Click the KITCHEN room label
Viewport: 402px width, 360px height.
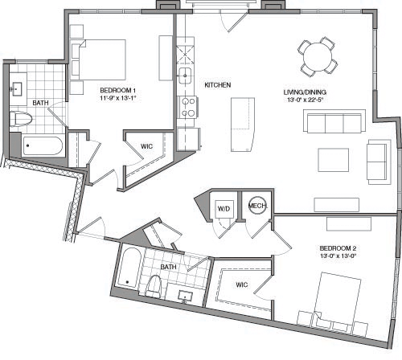[x=218, y=84]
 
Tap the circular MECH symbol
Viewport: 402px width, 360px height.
[x=256, y=206]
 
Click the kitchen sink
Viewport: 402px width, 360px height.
[x=186, y=76]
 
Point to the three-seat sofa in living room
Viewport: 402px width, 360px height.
[x=331, y=123]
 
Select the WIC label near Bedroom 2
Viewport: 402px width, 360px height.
[x=242, y=284]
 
